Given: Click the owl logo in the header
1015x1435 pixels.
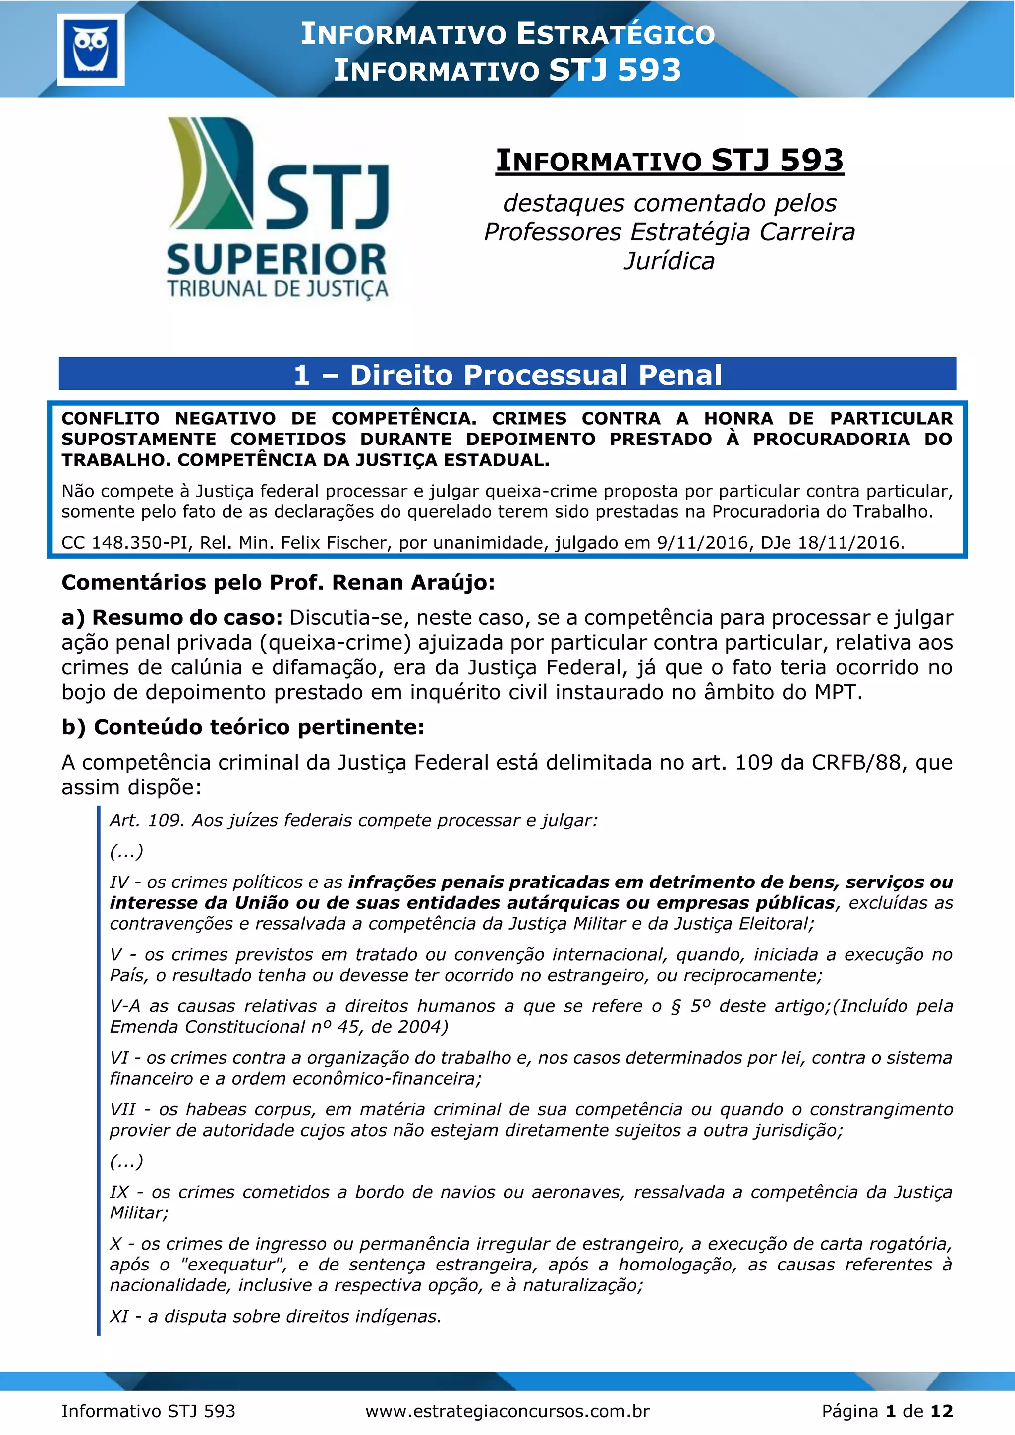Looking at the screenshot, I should pos(91,50).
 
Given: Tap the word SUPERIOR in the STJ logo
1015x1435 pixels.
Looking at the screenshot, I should pos(277,261).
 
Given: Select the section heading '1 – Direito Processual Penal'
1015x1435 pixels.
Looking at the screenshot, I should pos(507,375).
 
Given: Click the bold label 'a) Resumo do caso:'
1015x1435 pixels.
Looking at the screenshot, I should pos(172,617).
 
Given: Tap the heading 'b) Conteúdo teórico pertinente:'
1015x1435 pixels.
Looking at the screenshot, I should pos(243,727).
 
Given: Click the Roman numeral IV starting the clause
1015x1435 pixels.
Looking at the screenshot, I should pos(119,882).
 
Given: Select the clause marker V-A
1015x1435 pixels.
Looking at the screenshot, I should pos(125,1006).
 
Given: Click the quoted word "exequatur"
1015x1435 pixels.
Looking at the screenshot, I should pos(232,1265).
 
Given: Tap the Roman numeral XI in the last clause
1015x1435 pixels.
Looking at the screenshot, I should pos(119,1316).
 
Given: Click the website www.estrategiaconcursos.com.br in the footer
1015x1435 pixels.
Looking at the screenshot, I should pos(507,1411).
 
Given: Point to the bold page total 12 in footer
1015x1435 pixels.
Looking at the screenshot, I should pos(941,1411).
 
